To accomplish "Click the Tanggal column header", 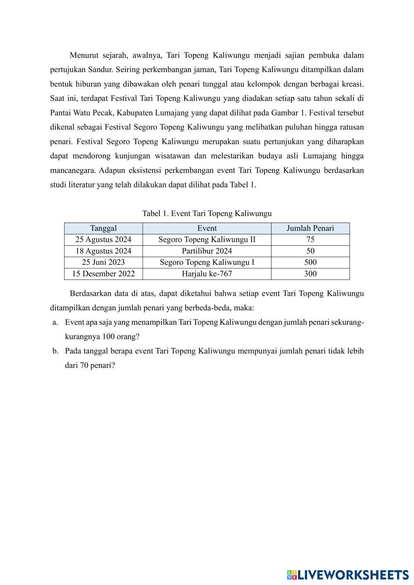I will (103, 228).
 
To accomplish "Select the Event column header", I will (207, 228).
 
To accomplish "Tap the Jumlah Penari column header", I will (310, 228).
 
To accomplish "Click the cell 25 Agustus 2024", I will (103, 240).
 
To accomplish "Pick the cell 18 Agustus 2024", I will (103, 251).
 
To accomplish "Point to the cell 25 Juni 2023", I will (103, 262).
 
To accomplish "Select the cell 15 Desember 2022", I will (103, 273).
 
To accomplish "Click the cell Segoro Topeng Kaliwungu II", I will (207, 240).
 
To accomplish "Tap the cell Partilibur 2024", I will (207, 251).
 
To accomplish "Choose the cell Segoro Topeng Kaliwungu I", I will (207, 262).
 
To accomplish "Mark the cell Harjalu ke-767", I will (207, 273).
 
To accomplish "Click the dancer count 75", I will (310, 240).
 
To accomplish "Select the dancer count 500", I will (310, 262).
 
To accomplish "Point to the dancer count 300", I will (310, 273).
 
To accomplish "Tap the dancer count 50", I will (310, 251).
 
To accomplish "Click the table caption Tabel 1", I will (207, 213).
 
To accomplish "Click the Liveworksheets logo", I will (347, 575).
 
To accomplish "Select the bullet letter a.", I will (55, 322).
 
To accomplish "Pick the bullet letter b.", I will (55, 351).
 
